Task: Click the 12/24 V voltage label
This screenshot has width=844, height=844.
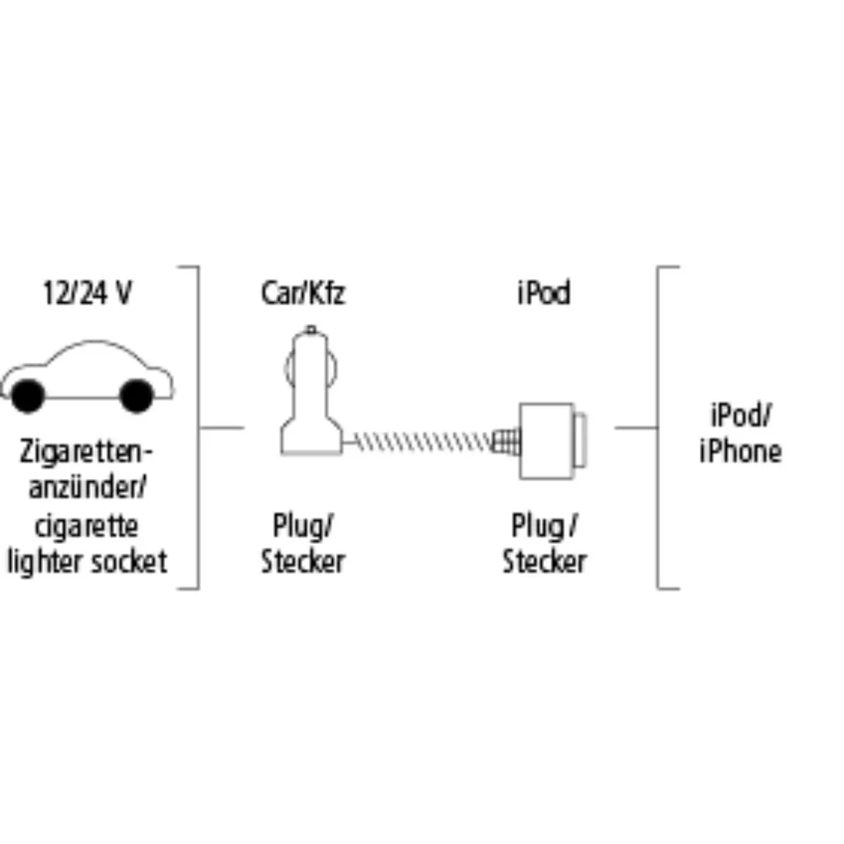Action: (87, 294)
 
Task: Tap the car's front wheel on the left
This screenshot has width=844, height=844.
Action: (27, 396)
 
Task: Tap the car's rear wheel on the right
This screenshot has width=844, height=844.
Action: (136, 396)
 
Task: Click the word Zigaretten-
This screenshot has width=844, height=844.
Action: (87, 452)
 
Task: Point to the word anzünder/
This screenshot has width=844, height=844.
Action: (87, 488)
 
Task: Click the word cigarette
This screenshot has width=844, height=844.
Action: (87, 525)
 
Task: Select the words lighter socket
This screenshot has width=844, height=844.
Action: (87, 561)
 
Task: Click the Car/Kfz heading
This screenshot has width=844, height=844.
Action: (302, 294)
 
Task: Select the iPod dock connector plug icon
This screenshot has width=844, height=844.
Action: (547, 441)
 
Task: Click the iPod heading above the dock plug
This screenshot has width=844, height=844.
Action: (544, 294)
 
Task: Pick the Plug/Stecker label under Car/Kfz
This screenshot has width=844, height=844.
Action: (302, 543)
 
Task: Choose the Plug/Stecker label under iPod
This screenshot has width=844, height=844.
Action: (545, 543)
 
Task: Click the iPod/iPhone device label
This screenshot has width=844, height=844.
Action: (739, 434)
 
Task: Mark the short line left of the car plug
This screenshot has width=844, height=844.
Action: (223, 428)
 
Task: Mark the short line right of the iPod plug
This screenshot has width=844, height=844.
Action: (635, 428)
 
